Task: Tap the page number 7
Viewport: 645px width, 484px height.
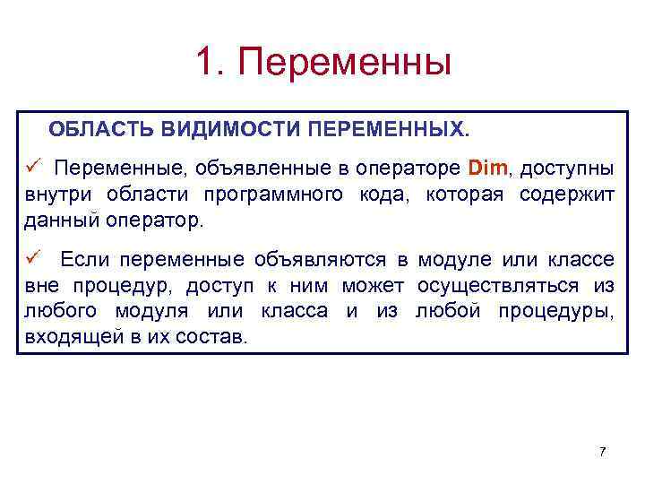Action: [x=602, y=451]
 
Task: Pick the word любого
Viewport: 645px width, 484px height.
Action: [x=60, y=313]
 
